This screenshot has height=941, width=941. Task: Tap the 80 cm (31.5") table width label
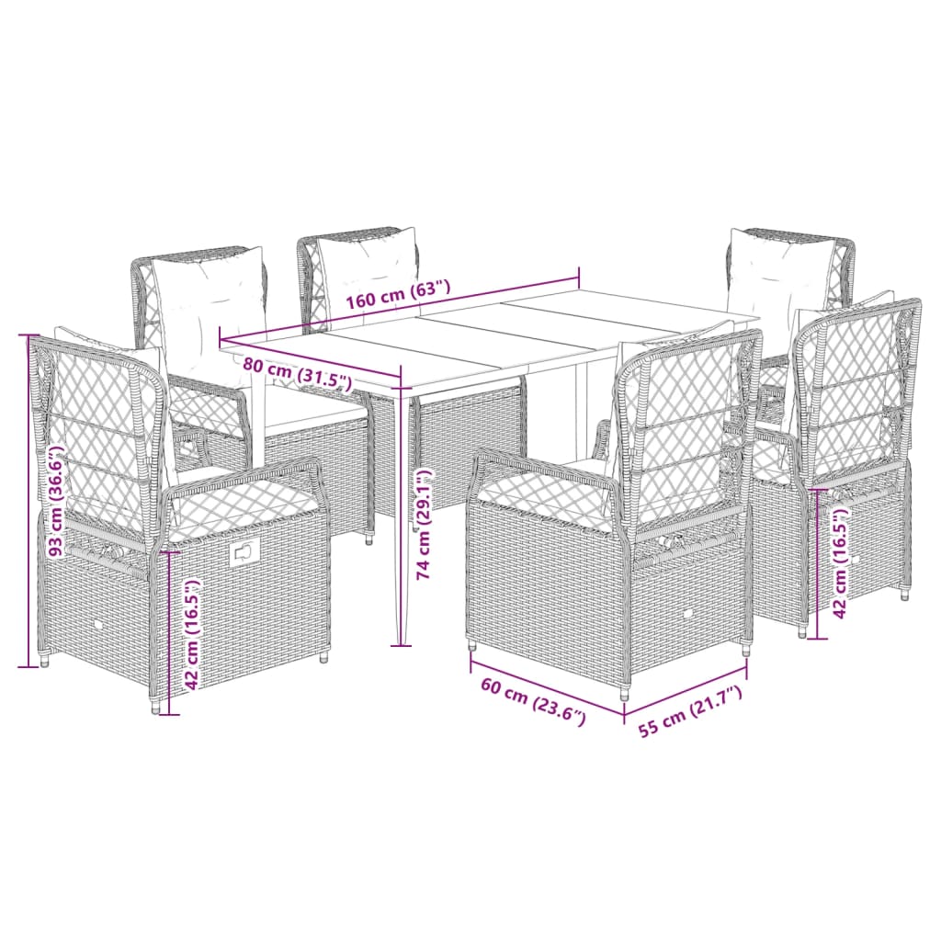point(299,371)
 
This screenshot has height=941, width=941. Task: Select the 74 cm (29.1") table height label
point(424,524)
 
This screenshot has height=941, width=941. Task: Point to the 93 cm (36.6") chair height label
point(57,502)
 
